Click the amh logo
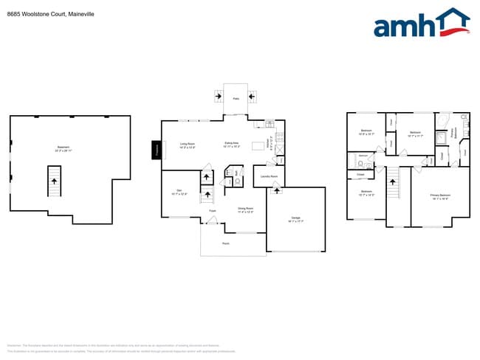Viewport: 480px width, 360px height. (x=421, y=24)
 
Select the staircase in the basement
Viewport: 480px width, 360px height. (x=53, y=181)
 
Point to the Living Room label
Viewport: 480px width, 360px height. (x=188, y=145)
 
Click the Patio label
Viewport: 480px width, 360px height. (x=236, y=98)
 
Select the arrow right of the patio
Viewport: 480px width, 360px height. (x=253, y=95)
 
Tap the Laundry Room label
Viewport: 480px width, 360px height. (x=269, y=177)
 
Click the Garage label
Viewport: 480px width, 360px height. (x=295, y=218)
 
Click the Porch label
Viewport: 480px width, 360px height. (x=225, y=243)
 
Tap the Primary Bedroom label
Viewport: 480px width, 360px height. (x=440, y=195)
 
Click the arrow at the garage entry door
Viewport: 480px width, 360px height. (x=277, y=192)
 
